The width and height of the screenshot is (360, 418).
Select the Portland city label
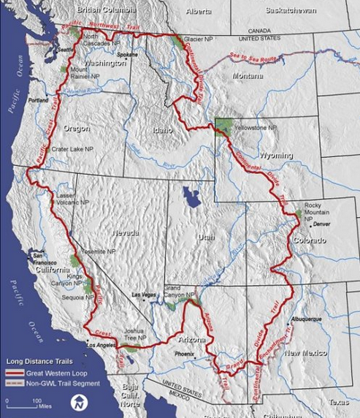point(38,99)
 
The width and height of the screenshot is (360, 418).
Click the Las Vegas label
point(143,294)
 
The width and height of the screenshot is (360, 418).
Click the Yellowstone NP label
point(256,127)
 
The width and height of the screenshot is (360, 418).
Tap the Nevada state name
point(126,232)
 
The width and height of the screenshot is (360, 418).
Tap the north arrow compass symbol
point(79,403)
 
